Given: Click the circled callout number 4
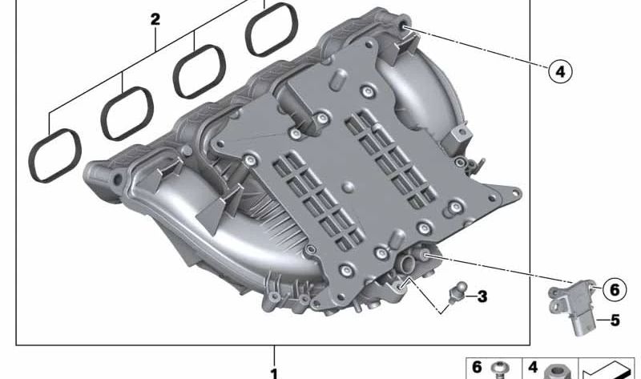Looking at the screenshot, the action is coord(560,72).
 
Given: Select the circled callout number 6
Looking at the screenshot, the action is coord(615,289).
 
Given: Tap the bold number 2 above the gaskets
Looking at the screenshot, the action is coord(155,19).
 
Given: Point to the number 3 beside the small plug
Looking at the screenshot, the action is coord(482,296).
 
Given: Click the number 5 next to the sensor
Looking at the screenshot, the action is coord(615,321).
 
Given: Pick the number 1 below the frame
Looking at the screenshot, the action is coord(274,373).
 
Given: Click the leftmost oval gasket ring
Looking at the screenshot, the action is coord(54,155).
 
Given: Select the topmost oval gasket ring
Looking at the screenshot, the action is coord(272,30).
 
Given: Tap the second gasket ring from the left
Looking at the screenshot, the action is coord(127,114).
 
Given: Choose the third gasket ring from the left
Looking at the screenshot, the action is coord(199,71).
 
